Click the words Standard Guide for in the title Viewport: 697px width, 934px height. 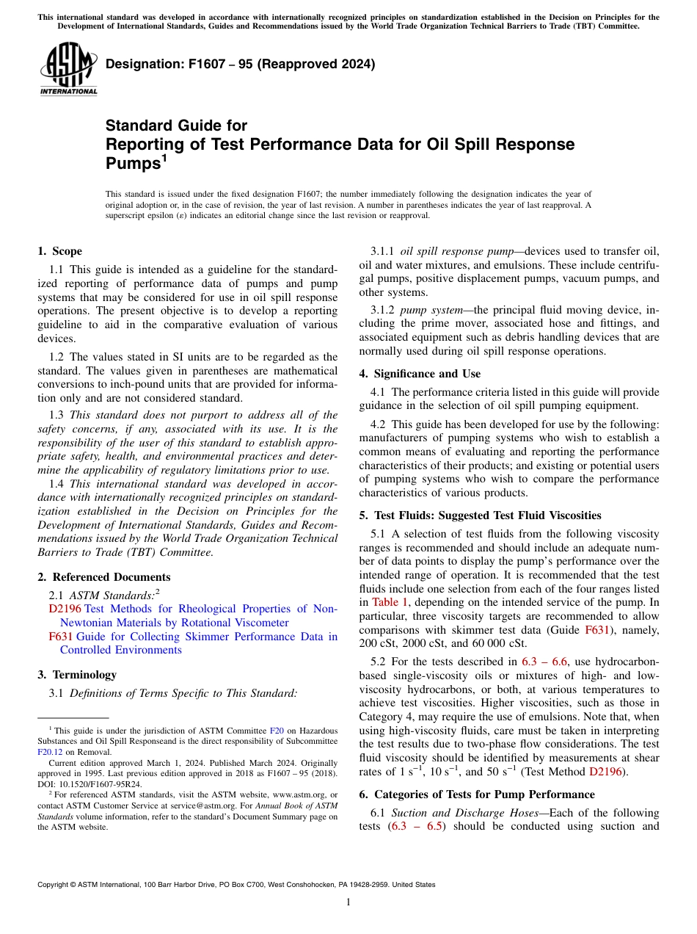pos(176,126)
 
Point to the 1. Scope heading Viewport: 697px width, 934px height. pos(59,251)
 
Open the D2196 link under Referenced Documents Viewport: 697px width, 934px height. pos(59,609)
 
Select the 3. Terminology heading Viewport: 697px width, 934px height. pos(76,675)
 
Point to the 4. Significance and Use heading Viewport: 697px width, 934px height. pos(420,374)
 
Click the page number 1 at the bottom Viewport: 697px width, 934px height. pos(348,902)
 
